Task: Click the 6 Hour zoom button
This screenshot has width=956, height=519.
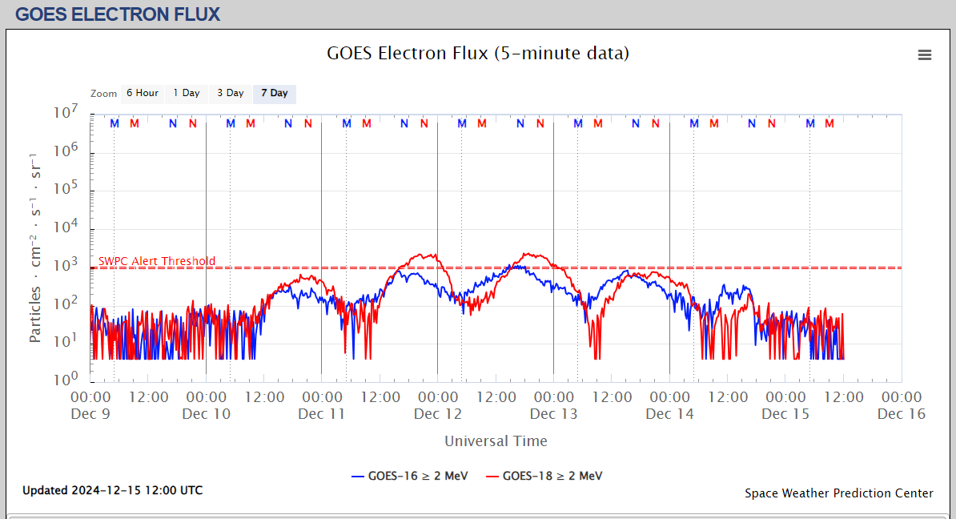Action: [x=142, y=94]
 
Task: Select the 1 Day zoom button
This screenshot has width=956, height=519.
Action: [x=187, y=94]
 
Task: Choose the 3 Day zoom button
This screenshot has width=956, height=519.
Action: [x=231, y=94]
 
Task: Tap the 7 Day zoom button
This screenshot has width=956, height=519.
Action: [x=275, y=94]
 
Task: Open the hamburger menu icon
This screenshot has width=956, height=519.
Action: [x=925, y=54]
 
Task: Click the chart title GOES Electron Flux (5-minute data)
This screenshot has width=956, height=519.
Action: [x=478, y=54]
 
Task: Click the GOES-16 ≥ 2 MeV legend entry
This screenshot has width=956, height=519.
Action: [x=406, y=476]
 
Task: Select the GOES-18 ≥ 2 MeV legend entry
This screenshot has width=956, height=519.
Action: [x=544, y=476]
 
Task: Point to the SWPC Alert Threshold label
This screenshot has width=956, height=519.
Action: [x=157, y=261]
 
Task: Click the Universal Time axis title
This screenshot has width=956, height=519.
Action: [x=496, y=441]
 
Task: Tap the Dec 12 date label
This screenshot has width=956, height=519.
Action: [x=438, y=414]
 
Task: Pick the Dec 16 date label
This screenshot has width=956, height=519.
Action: [x=902, y=414]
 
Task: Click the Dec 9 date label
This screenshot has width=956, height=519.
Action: [x=90, y=414]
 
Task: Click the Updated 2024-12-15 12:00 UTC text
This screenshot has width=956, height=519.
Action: [x=112, y=490]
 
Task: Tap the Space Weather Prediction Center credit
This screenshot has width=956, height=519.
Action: [x=838, y=493]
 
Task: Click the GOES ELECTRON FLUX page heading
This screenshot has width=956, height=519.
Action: [x=118, y=14]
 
